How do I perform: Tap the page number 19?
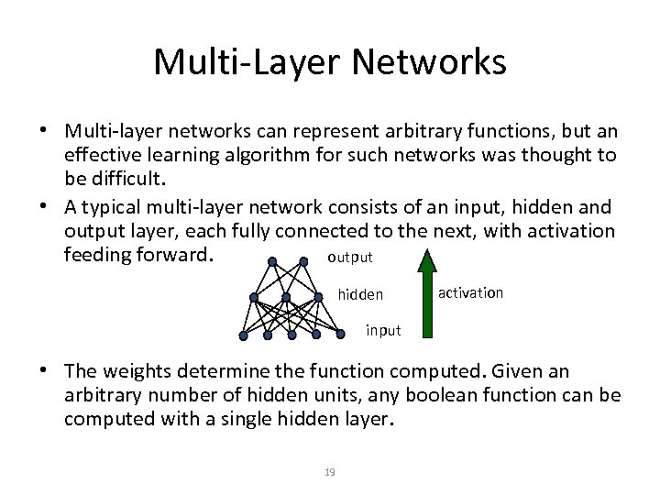coord(330,472)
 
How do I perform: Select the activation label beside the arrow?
coord(470,292)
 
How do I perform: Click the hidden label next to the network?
coord(360,295)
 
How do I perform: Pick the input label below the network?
coord(383,330)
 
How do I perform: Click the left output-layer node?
coord(271,261)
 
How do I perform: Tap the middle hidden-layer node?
coord(287,297)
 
